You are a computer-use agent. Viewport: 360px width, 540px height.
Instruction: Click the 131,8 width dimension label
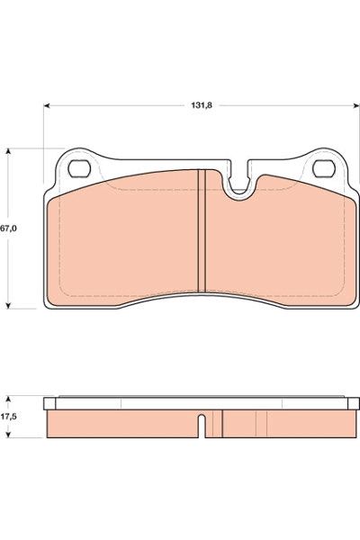(202, 105)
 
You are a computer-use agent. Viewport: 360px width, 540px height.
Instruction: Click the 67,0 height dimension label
(9, 229)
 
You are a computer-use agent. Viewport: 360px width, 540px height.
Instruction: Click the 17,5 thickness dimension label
(9, 417)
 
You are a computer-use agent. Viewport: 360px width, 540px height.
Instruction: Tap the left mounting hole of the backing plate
(79, 169)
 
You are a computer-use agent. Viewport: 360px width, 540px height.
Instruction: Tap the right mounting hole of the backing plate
(324, 169)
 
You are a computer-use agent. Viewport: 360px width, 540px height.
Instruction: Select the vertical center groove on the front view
(202, 230)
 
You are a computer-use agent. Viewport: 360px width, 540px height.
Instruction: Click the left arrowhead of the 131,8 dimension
(47, 105)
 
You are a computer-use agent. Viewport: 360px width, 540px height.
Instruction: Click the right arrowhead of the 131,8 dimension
(356, 105)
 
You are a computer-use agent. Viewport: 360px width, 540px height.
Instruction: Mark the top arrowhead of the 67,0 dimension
(9, 152)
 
